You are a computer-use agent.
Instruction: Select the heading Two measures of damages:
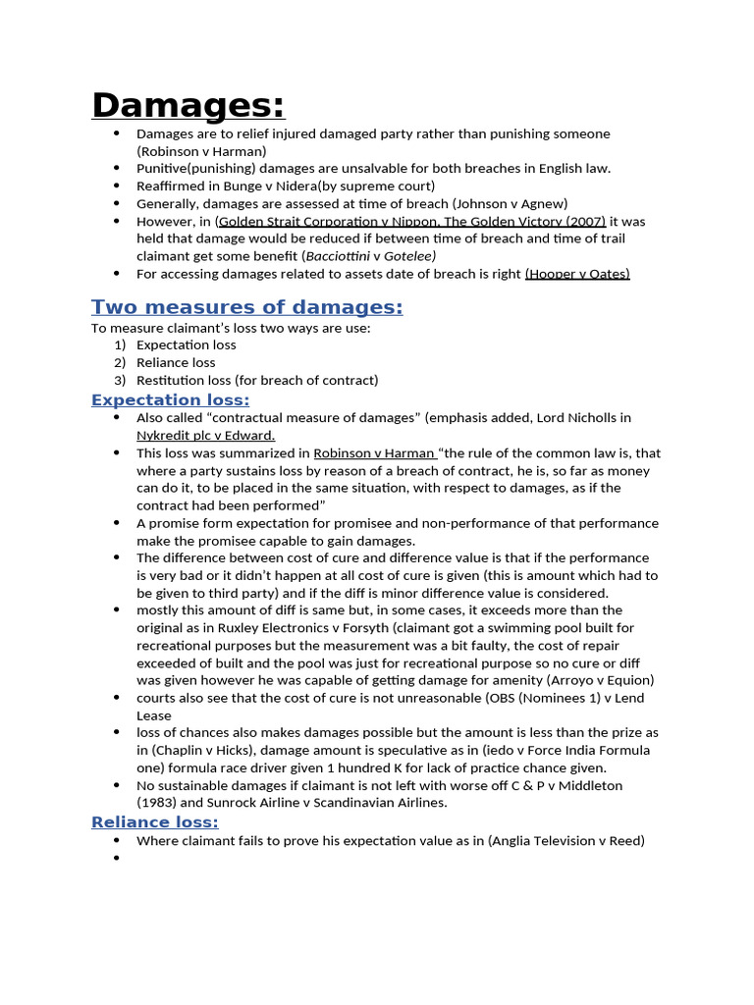click(246, 307)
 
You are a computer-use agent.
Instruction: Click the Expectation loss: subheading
click(170, 399)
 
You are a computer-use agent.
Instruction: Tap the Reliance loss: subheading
click(154, 821)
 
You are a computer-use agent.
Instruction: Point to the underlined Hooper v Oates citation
click(577, 274)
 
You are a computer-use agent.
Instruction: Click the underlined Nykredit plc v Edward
click(205, 435)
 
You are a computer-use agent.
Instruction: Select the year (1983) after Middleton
click(159, 803)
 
